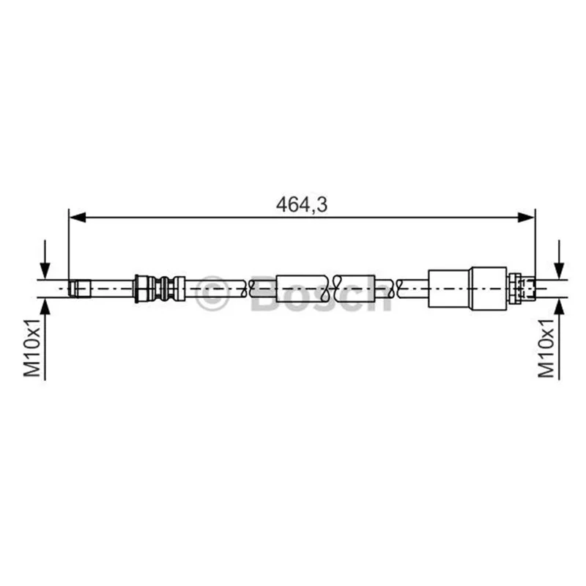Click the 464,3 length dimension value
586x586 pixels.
tap(302, 205)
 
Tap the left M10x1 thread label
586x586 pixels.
tap(32, 348)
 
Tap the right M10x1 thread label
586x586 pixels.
tap(546, 348)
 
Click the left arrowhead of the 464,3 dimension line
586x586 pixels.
tap(78, 217)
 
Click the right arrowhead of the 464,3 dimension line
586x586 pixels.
tap(526, 217)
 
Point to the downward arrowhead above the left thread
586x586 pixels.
tap(45, 270)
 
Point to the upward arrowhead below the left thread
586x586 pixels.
tap(45, 307)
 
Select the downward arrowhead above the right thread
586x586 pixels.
tap(559, 270)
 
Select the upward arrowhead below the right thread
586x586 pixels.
tap(559, 307)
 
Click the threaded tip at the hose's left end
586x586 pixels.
tap(80, 289)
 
